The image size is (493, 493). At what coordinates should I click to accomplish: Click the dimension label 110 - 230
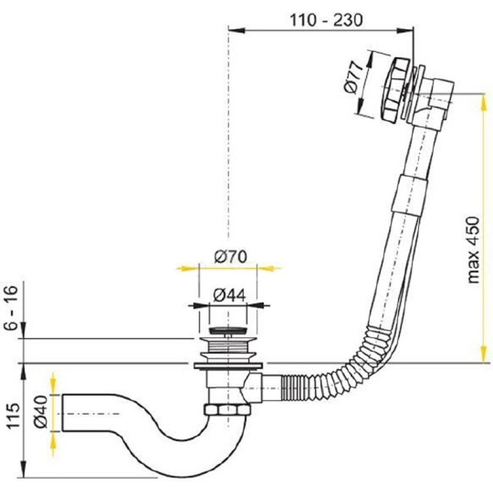[325, 20]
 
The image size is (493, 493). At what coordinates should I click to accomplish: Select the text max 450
[473, 250]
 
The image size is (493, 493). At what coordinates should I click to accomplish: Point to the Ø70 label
[230, 257]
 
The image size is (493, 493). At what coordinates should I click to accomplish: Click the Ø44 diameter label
[229, 296]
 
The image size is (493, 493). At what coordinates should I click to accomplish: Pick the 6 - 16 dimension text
[12, 307]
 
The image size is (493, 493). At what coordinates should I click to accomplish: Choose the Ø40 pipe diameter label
[41, 412]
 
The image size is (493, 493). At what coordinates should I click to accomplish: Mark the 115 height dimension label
[13, 416]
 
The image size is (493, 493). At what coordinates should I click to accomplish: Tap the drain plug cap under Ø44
[228, 330]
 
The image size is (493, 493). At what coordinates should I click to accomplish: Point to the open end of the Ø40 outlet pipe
[63, 413]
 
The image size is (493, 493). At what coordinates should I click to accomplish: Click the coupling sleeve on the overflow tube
[409, 195]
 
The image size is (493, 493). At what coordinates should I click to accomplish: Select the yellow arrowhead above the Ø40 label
[54, 384]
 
